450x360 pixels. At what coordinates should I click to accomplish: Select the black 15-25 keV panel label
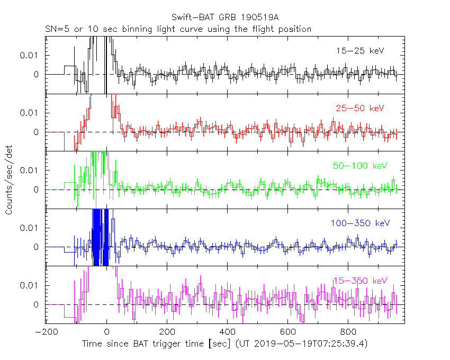[x=359, y=51]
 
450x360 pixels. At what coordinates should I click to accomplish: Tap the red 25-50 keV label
[x=359, y=108]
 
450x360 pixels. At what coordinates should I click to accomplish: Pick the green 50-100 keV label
[x=361, y=166]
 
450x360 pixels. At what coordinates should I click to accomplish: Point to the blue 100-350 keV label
[x=359, y=223]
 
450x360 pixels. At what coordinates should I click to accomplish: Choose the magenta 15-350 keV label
[x=361, y=281]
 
